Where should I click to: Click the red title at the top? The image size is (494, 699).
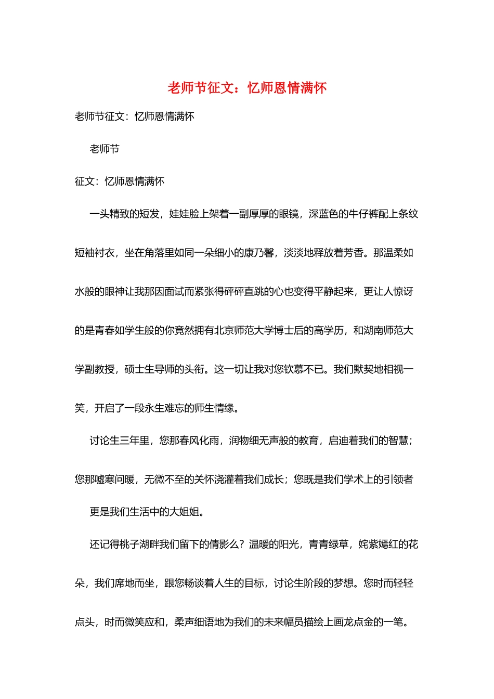click(x=247, y=88)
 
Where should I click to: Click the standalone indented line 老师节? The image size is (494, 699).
click(x=105, y=149)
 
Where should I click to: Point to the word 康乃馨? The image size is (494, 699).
click(x=259, y=253)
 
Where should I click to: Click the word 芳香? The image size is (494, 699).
click(x=354, y=253)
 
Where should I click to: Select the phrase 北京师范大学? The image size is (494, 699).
click(x=244, y=330)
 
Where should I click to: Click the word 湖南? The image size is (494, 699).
click(x=373, y=330)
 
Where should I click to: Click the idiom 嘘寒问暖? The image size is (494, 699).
click(x=114, y=480)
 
